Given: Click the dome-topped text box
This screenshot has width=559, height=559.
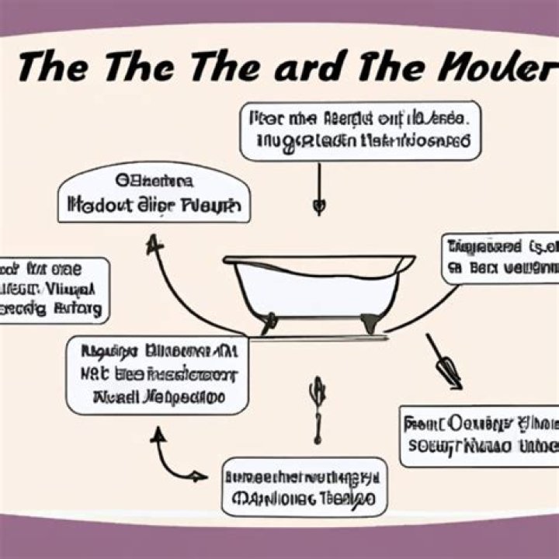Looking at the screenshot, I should [154, 194].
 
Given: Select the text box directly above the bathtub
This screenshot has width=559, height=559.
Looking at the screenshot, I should [359, 130].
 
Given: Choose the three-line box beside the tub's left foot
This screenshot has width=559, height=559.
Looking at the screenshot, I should [157, 374].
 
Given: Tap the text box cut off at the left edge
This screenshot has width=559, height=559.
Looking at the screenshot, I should [53, 290].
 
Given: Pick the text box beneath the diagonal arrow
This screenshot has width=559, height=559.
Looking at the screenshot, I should [479, 435].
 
